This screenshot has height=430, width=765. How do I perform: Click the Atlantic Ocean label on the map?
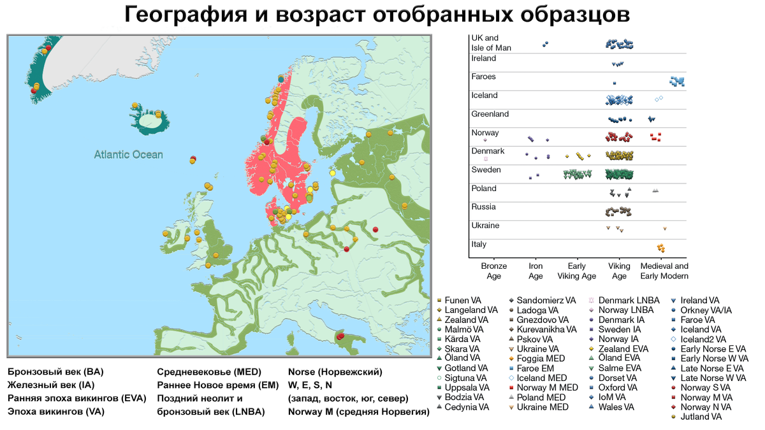coord(128,154)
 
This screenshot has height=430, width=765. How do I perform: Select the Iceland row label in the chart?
coord(484,96)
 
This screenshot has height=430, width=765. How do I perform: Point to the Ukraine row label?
coord(485,226)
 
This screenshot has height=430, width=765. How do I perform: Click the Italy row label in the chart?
coord(479,244)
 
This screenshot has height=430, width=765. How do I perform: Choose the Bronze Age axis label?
coord(493,271)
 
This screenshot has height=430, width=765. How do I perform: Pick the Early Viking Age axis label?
coord(577,271)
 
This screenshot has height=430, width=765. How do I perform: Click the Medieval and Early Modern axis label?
coord(664,271)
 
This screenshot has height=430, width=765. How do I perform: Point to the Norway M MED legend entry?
coord(547,387)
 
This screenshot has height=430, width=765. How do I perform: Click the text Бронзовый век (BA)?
coord(55,371)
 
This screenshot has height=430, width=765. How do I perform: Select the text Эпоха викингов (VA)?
coord(55,412)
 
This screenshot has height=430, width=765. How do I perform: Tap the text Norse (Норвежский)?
coord(335,371)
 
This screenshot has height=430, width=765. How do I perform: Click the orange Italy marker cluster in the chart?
coord(662,247)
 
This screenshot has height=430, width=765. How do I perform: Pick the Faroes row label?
coord(483,77)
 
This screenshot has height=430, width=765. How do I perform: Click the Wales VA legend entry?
coord(622,407)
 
